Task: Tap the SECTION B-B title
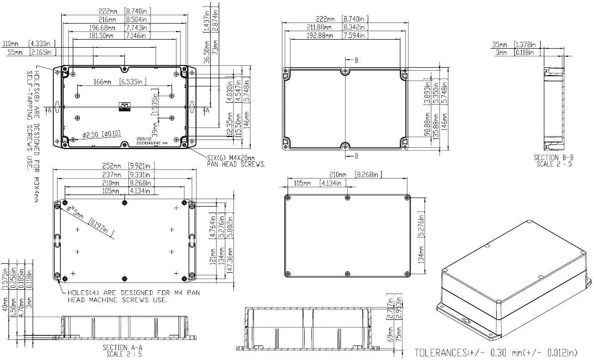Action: (553, 160)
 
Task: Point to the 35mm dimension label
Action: (500, 45)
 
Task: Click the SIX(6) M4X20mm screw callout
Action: (236, 161)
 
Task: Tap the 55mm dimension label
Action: (15, 52)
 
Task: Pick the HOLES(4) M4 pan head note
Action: (117, 296)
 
